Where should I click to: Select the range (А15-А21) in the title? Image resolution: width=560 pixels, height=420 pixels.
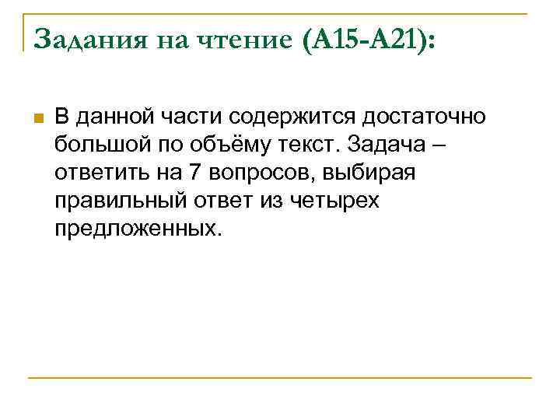[x=364, y=38]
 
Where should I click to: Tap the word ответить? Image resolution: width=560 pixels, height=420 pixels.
[x=96, y=173]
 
